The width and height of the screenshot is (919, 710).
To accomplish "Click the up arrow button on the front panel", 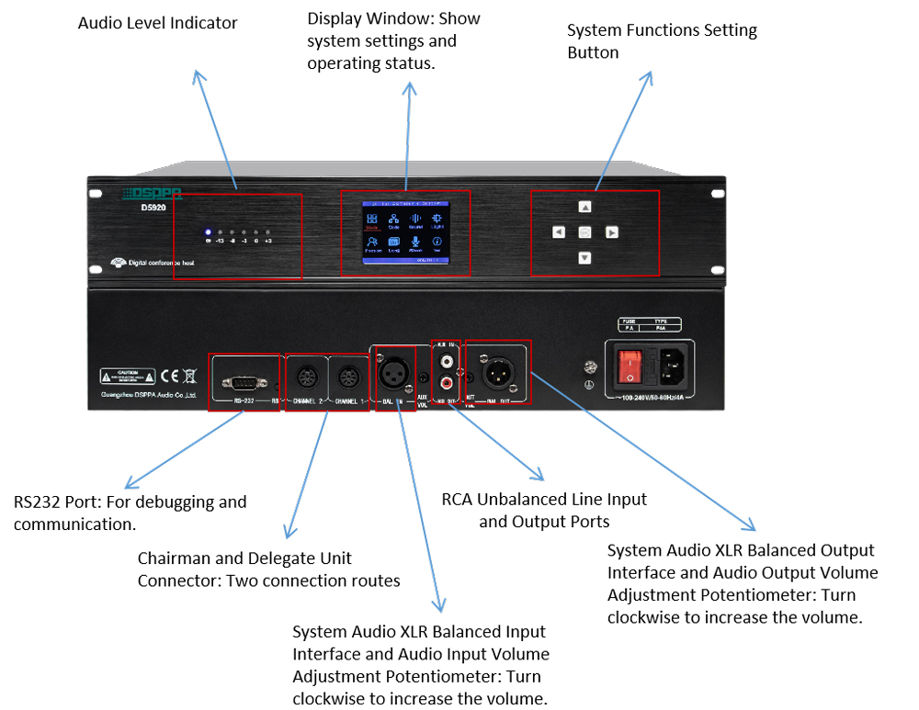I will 584,208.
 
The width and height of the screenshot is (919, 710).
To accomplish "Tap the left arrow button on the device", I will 558,232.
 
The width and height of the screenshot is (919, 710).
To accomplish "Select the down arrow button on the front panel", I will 584,258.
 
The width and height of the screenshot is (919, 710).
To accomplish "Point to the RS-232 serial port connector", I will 244,381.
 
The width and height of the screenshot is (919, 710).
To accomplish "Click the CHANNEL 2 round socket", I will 306,378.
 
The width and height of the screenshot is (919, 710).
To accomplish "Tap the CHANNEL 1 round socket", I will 348,378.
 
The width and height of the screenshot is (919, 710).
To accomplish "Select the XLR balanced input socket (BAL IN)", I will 394,375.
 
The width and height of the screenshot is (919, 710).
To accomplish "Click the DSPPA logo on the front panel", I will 153,194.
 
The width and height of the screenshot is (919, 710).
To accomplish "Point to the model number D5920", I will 142,207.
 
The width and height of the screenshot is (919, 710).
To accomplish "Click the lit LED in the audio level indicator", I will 209,232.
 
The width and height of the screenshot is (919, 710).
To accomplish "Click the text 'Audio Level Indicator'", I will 157,23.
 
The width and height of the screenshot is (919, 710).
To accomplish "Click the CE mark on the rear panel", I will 170,376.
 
